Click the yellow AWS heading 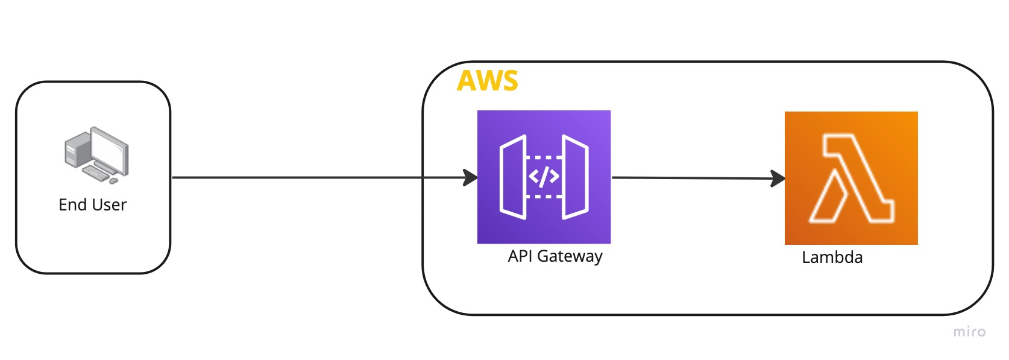point(488,81)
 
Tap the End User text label point(93,204)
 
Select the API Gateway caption point(555,256)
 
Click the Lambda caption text point(832,257)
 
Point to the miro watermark point(969,332)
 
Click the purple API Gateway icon point(544,177)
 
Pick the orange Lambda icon point(851,178)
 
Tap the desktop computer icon point(96,155)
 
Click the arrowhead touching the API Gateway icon point(471,177)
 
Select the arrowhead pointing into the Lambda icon point(778,178)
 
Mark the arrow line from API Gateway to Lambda point(698,178)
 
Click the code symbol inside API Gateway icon point(544,177)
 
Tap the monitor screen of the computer point(110,151)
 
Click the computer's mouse point(113,181)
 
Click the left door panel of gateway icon point(513,177)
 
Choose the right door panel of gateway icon point(575,177)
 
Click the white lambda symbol point(851,178)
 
